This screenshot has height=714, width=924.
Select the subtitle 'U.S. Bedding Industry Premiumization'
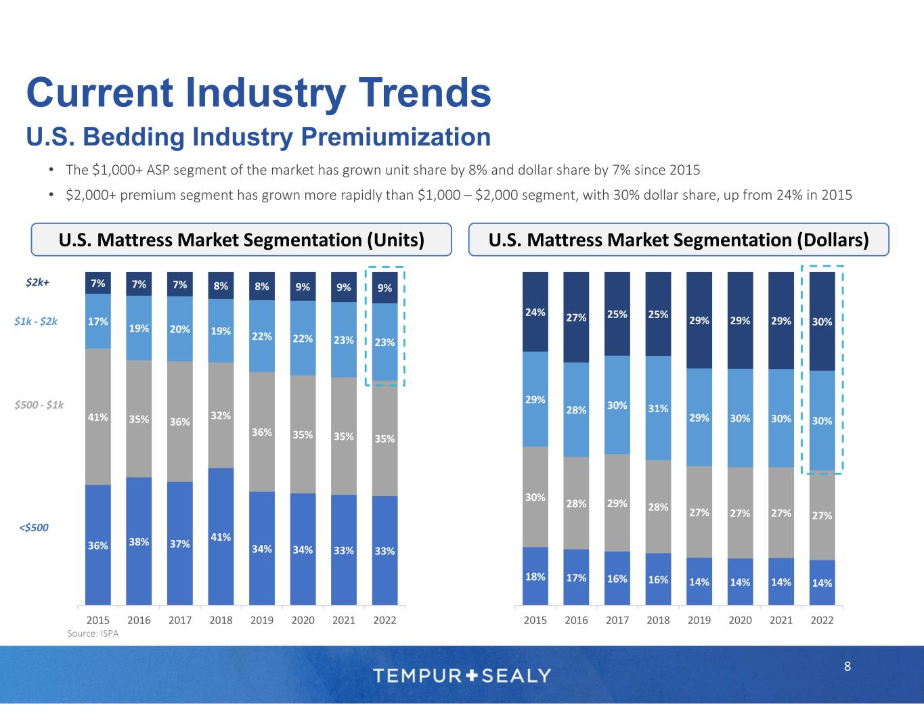[258, 137]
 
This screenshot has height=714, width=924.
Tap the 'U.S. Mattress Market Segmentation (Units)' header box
[241, 240]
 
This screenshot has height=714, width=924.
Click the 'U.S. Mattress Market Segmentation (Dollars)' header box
[678, 240]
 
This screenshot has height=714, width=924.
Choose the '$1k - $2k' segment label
[36, 321]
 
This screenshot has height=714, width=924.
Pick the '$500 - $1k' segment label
[39, 405]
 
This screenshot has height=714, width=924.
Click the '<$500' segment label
[34, 527]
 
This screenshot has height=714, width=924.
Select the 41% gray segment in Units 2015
[98, 417]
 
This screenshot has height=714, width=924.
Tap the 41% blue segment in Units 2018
[221, 536]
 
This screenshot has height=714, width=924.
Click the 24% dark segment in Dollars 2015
[535, 312]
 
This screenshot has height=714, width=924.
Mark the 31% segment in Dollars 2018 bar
[658, 408]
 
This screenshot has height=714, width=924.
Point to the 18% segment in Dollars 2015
[535, 577]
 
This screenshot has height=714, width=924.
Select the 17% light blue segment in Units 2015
[98, 321]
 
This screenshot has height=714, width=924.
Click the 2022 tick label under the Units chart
[384, 620]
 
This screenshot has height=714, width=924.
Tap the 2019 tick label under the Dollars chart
[699, 620]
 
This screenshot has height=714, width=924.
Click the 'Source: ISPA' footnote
[93, 633]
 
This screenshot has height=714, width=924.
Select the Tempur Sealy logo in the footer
[462, 675]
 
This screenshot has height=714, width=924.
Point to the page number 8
[848, 667]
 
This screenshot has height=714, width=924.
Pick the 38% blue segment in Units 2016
[139, 541]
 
